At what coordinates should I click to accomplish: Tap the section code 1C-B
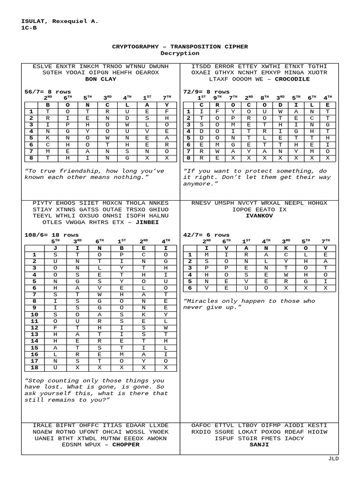click(x=30, y=28)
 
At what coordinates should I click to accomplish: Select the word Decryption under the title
click(x=180, y=53)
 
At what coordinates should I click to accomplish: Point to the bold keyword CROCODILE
click(x=292, y=79)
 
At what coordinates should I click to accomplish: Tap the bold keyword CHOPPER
click(x=126, y=444)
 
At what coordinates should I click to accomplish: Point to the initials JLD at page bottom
click(x=333, y=459)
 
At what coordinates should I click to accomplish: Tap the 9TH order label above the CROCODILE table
click(x=217, y=97)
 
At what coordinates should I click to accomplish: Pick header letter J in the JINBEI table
click(x=55, y=247)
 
